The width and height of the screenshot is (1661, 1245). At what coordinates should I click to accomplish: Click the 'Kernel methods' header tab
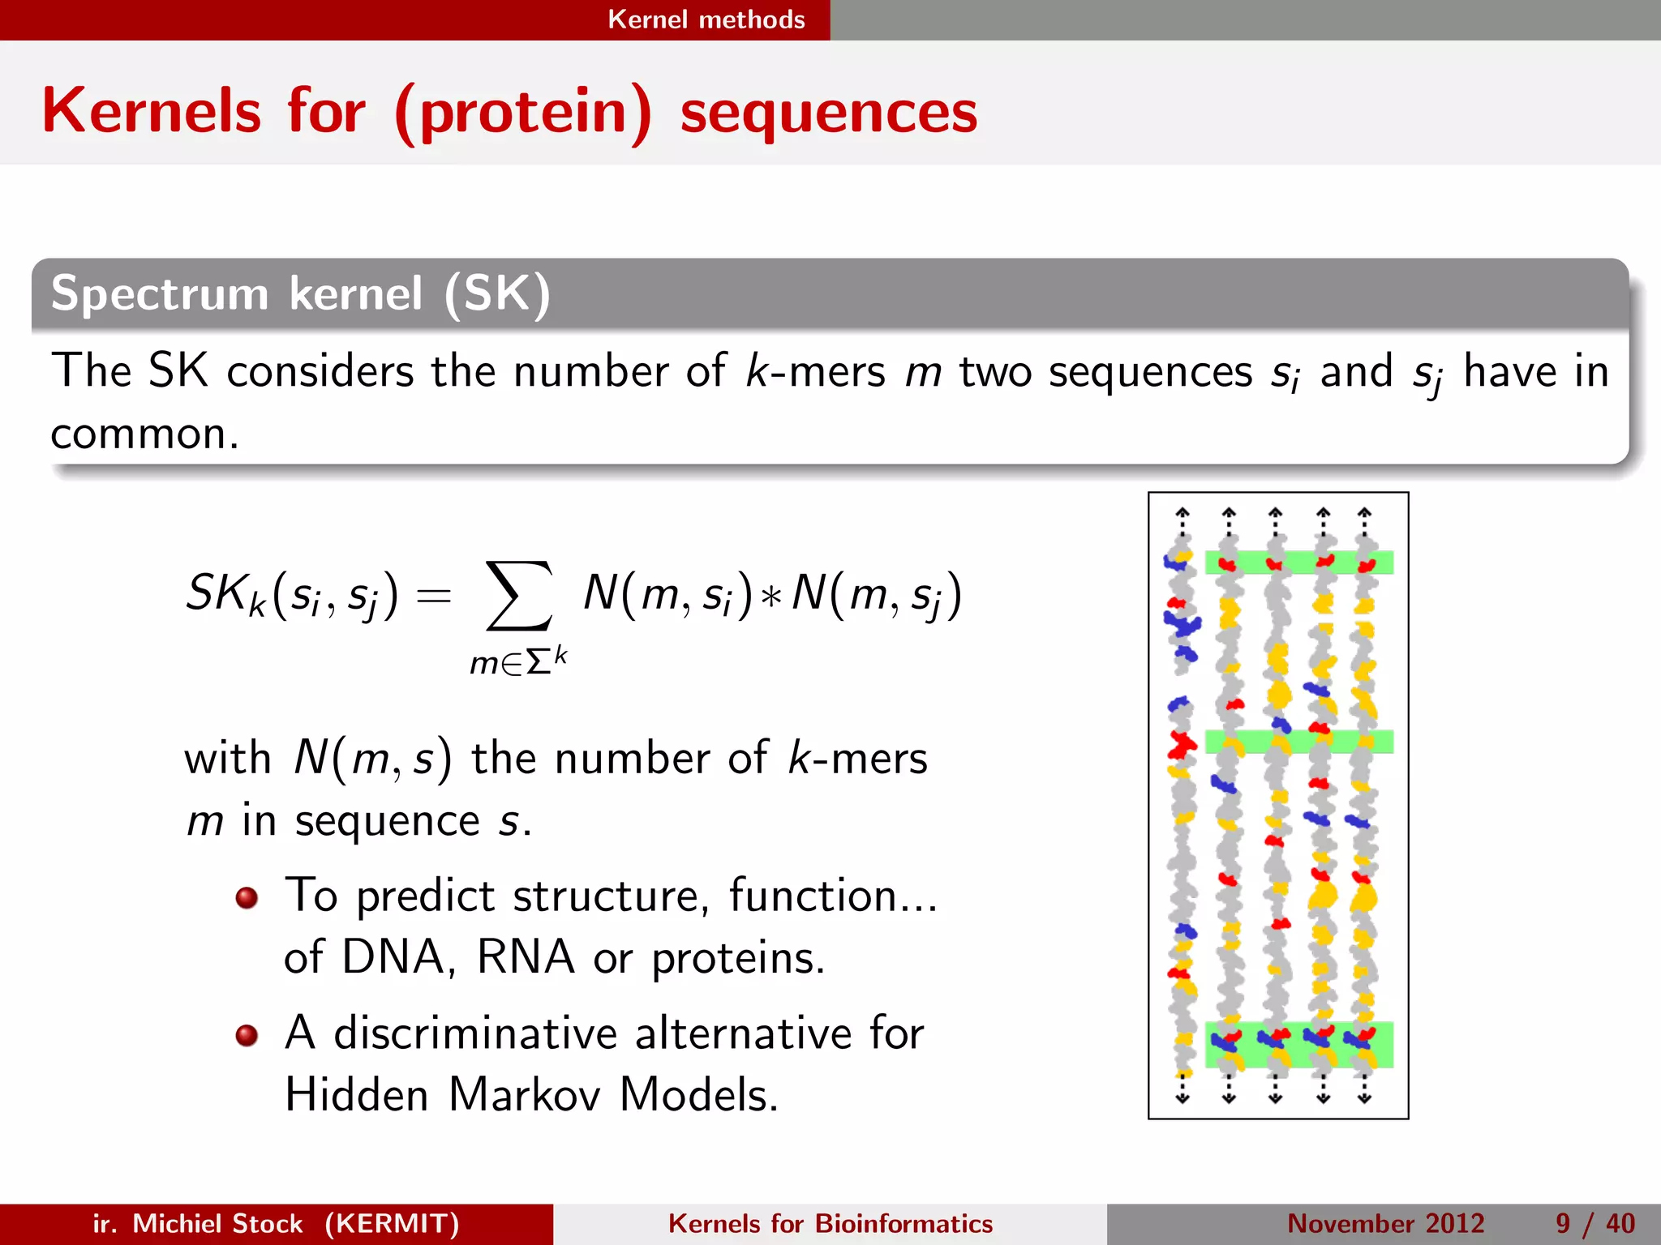click(x=706, y=19)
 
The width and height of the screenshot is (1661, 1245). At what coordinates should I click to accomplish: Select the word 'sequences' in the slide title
click(x=828, y=113)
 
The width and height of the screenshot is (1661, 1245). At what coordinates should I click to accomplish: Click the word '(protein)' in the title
click(x=523, y=113)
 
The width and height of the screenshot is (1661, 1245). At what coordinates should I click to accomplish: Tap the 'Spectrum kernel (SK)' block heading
click(x=300, y=293)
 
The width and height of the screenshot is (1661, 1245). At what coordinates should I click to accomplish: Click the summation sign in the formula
click(x=519, y=596)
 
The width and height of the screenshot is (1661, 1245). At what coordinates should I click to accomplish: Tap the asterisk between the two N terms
click(x=772, y=596)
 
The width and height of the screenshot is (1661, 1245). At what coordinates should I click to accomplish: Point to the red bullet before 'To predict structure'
click(x=247, y=897)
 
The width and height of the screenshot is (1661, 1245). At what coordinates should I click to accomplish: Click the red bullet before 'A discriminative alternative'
click(x=247, y=1035)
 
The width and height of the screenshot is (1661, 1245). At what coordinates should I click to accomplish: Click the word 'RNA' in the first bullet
click(x=526, y=957)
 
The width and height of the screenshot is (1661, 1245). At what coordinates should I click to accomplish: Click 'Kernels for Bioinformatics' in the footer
click(x=830, y=1223)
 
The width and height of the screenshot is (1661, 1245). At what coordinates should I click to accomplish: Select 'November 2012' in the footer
click(x=1385, y=1223)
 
